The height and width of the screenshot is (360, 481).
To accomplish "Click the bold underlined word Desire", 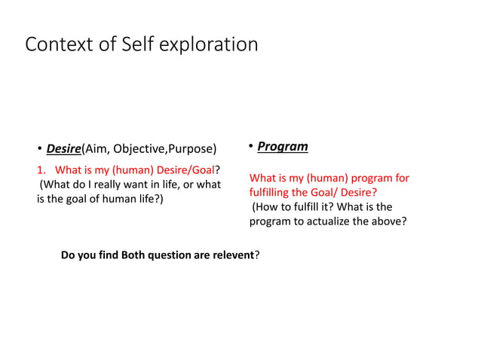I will (63, 147).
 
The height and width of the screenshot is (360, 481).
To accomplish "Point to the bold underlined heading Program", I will (282, 146).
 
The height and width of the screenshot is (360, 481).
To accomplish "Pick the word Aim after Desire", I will (97, 147).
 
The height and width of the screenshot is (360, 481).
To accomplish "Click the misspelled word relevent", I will (230, 255).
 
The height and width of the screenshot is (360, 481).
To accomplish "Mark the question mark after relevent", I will (257, 255).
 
